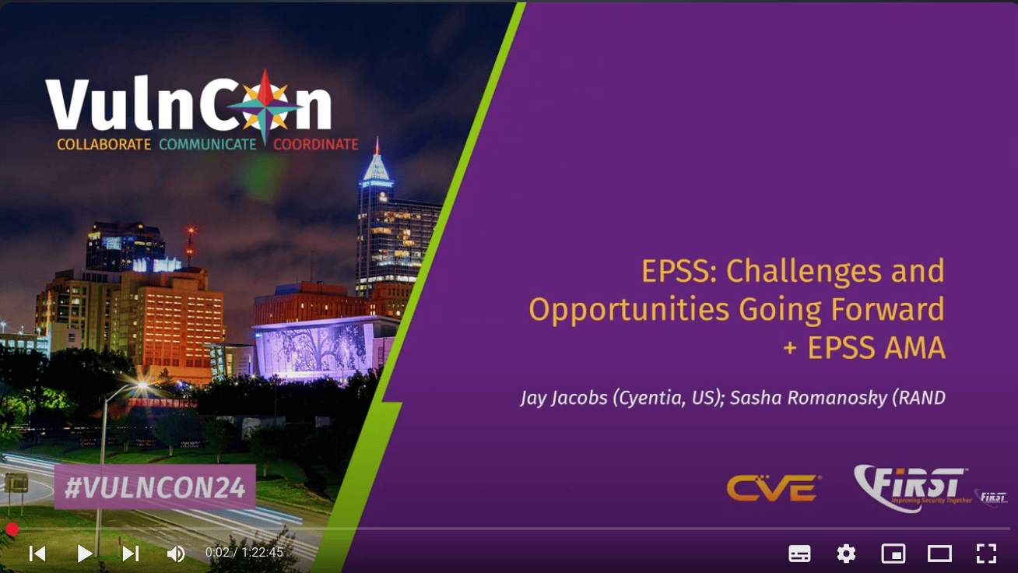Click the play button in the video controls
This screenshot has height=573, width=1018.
[x=84, y=554]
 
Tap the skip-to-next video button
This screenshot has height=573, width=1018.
[x=131, y=554]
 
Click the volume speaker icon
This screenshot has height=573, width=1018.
[x=176, y=554]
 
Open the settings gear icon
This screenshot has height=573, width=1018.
[x=846, y=554]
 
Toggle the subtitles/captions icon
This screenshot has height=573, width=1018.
[x=799, y=554]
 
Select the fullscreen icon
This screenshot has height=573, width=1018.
[x=986, y=554]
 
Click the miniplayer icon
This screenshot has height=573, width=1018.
[x=893, y=554]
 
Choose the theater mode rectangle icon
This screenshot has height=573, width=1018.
[x=939, y=554]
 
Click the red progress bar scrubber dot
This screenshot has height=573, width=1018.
[x=12, y=529]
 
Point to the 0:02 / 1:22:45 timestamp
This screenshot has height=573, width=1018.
[x=244, y=553]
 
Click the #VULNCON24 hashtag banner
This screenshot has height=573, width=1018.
[x=155, y=487]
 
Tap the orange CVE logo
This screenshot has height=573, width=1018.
[x=774, y=488]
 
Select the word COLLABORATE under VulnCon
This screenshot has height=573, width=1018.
[x=104, y=144]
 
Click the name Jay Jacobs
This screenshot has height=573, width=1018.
[x=563, y=398]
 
